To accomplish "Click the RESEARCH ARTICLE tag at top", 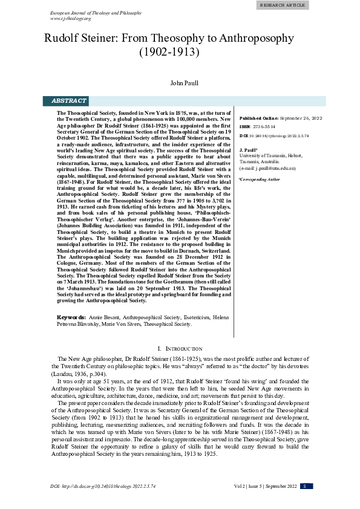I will click(x=283, y=5).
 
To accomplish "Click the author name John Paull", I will click(x=184, y=82).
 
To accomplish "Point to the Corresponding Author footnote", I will click(x=261, y=180).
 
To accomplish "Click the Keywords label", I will click(x=70, y=317).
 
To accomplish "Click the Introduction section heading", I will click(x=180, y=349).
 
